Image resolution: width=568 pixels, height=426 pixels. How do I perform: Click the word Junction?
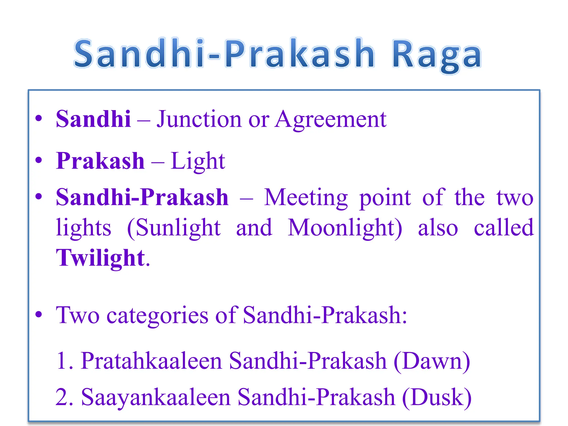[199, 119]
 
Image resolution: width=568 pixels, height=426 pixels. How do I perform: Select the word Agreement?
[331, 119]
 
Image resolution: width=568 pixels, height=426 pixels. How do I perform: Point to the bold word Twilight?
[100, 258]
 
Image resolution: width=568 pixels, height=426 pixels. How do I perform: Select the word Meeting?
[306, 197]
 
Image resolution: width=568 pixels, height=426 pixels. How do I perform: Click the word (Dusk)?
[437, 397]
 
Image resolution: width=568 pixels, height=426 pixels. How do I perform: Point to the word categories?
[157, 315]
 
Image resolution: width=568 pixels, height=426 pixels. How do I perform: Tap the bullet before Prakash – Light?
[39, 160]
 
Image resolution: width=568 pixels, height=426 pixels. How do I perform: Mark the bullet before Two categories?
[39, 315]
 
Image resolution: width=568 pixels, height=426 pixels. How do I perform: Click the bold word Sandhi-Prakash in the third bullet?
[142, 197]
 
